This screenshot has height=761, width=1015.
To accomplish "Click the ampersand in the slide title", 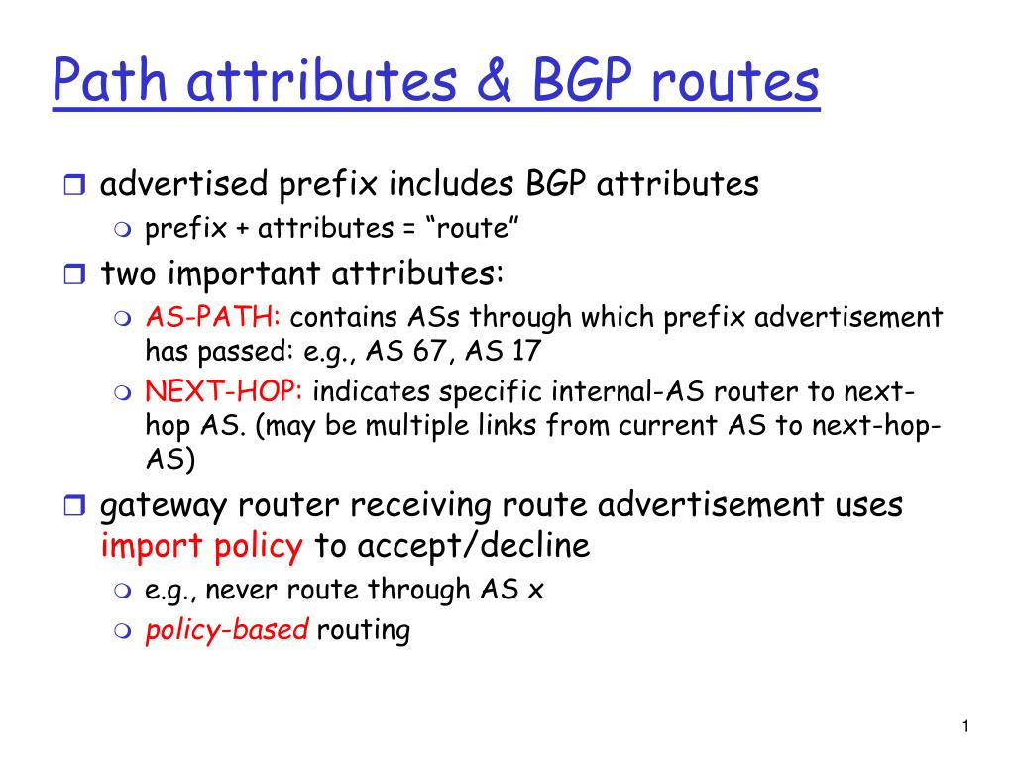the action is (x=495, y=81).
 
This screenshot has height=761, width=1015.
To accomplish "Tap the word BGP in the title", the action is (x=581, y=81).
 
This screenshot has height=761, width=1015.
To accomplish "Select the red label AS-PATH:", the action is (x=213, y=317).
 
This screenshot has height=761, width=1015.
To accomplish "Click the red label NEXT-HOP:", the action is (x=224, y=390).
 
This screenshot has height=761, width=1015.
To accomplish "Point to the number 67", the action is (x=430, y=351).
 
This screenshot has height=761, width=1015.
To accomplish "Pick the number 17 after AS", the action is (x=526, y=351).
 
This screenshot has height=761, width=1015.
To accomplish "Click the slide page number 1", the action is (x=965, y=726).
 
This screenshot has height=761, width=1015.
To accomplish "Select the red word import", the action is (x=152, y=547).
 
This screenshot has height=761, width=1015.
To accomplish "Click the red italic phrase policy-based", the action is (x=227, y=629).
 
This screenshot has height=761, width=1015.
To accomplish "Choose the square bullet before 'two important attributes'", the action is (x=74, y=274).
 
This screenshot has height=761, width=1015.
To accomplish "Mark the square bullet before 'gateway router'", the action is (x=74, y=505).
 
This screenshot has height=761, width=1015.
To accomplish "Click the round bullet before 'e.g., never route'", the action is (x=122, y=591).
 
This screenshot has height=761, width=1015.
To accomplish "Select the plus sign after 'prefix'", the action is (x=242, y=229).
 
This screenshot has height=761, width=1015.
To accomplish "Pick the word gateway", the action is (x=164, y=506).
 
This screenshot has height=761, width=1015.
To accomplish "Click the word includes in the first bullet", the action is (x=451, y=184).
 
